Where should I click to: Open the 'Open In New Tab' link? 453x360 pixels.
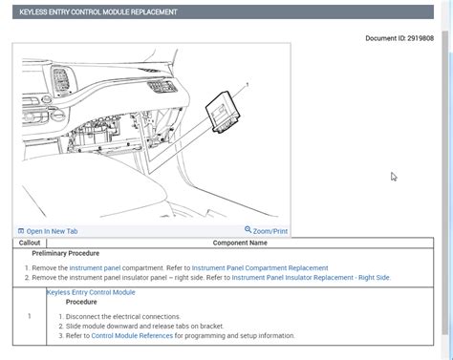(52, 231)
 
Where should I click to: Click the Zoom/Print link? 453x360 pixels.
(270, 231)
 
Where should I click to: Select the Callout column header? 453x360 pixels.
(30, 244)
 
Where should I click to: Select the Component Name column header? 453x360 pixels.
(246, 244)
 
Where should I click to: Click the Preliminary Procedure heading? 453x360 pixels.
(65, 254)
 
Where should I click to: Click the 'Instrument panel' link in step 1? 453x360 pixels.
(95, 268)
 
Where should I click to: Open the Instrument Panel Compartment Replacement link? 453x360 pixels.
(261, 268)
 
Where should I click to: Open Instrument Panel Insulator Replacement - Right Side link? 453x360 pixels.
(311, 278)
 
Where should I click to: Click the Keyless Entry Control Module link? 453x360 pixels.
(91, 292)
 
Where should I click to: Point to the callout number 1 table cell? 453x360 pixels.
(30, 316)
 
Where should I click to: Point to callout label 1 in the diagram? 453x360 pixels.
(248, 85)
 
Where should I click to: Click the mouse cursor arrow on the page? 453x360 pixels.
(393, 176)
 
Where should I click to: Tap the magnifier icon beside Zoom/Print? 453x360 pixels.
(248, 230)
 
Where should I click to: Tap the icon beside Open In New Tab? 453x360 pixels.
(21, 231)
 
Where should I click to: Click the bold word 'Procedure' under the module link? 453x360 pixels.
(81, 302)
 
